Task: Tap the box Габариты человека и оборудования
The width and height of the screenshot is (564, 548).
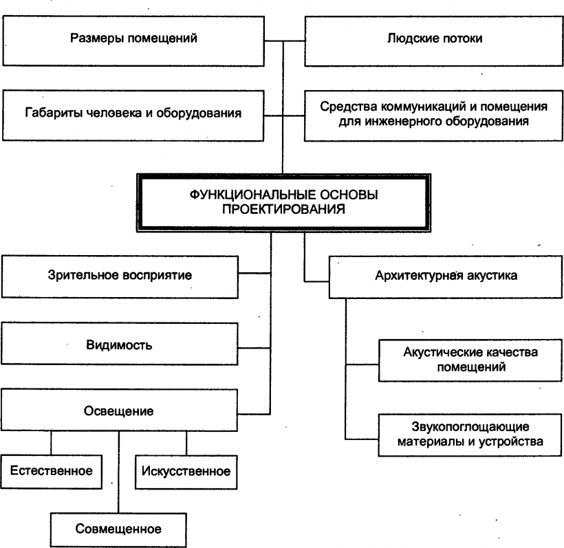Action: [133, 113]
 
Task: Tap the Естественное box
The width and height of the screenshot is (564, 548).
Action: [51, 472]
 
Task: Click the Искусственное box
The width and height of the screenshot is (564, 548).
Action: [185, 472]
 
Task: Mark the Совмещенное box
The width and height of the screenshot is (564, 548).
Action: [118, 529]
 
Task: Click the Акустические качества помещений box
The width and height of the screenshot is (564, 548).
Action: [471, 360]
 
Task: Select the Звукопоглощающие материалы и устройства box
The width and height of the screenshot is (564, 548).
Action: [471, 434]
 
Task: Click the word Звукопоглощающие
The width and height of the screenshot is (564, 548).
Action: [470, 426]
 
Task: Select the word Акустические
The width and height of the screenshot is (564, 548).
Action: [438, 353]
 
